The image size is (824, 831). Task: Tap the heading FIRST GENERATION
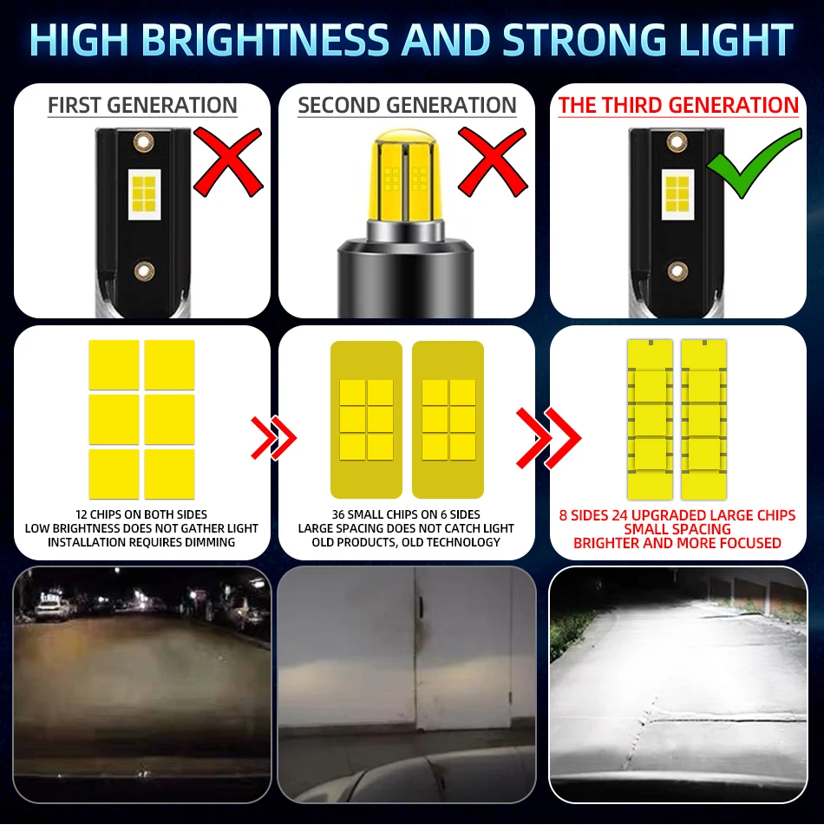tap(142, 105)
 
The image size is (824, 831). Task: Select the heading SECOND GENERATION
tap(407, 105)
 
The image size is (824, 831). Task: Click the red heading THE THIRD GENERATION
tap(678, 105)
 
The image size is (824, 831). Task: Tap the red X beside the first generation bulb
tap(228, 162)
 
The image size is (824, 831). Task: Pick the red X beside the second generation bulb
tap(493, 162)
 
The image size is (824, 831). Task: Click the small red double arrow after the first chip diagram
tap(273, 438)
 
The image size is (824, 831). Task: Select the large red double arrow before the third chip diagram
tap(548, 438)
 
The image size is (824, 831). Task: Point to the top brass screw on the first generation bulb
tap(144, 141)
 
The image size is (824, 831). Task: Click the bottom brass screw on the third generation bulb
tap(677, 271)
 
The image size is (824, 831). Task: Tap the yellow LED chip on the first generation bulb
tap(144, 194)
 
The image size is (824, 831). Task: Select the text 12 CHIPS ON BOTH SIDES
tap(141, 514)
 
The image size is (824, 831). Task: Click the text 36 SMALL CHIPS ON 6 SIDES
tap(406, 514)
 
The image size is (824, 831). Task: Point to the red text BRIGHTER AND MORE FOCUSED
tap(677, 543)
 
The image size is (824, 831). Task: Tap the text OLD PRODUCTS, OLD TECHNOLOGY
tap(406, 542)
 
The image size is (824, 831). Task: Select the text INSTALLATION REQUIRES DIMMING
tap(141, 542)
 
